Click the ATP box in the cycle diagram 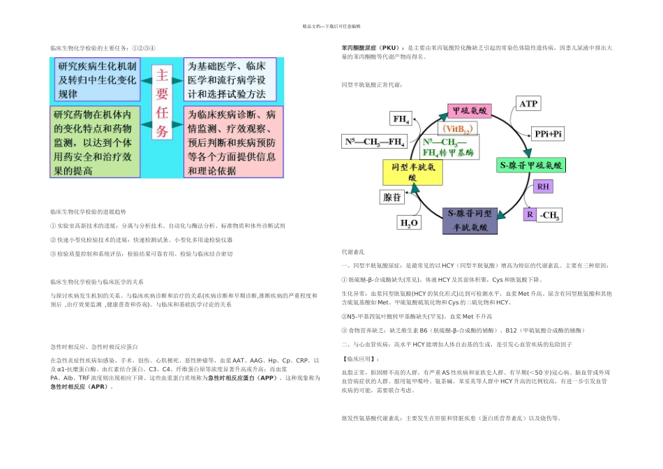pyautogui.click(x=528, y=104)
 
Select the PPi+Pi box pyautogui.click(x=549, y=133)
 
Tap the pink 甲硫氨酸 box pyautogui.click(x=470, y=111)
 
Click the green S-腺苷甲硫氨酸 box pyautogui.click(x=531, y=165)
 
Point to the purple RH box pyautogui.click(x=543, y=187)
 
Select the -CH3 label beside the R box pyautogui.click(x=549, y=215)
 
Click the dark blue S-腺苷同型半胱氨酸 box pyautogui.click(x=469, y=219)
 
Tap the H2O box pyautogui.click(x=408, y=223)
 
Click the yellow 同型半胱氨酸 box pyautogui.click(x=412, y=172)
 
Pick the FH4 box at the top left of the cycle pyautogui.click(x=402, y=118)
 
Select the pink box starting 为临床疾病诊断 pyautogui.click(x=233, y=142)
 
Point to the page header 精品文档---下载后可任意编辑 pyautogui.click(x=331, y=26)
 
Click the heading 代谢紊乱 pyautogui.click(x=352, y=251)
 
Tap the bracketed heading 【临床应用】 pyautogui.click(x=357, y=359)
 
